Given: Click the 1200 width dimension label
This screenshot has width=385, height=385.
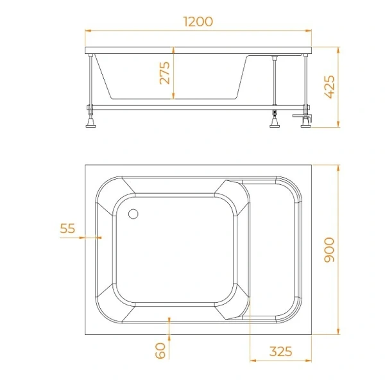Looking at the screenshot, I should (198, 21).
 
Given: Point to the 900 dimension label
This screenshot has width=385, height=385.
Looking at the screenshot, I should (330, 250).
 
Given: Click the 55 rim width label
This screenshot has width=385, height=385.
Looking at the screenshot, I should (67, 228).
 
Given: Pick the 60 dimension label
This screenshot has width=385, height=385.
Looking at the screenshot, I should (160, 350).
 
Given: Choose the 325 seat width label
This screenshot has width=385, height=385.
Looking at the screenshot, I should (280, 352).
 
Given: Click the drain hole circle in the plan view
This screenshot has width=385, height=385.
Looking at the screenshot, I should (134, 215).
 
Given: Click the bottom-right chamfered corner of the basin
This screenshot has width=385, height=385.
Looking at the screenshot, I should (230, 312).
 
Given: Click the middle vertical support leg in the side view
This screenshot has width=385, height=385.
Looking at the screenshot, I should (275, 80).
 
